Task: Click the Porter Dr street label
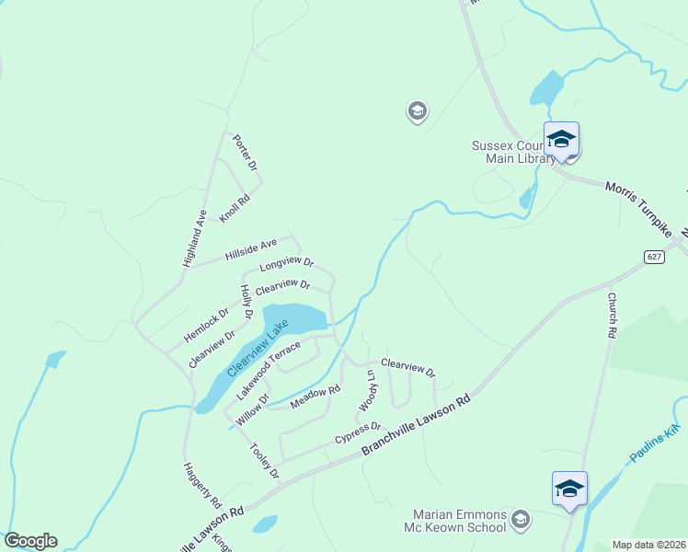pyautogui.click(x=245, y=153)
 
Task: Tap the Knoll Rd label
pyautogui.click(x=235, y=208)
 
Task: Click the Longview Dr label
pyautogui.click(x=286, y=264)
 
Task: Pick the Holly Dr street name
pyautogui.click(x=247, y=303)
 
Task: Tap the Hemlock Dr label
pyautogui.click(x=206, y=317)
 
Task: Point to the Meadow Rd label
pyautogui.click(x=308, y=398)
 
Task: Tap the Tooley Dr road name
pyautogui.click(x=264, y=460)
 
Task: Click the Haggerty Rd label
pyautogui.click(x=202, y=486)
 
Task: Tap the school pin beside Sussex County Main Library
pyautogui.click(x=561, y=141)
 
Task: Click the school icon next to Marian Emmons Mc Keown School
pyautogui.click(x=521, y=521)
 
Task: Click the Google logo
pyautogui.click(x=29, y=541)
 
